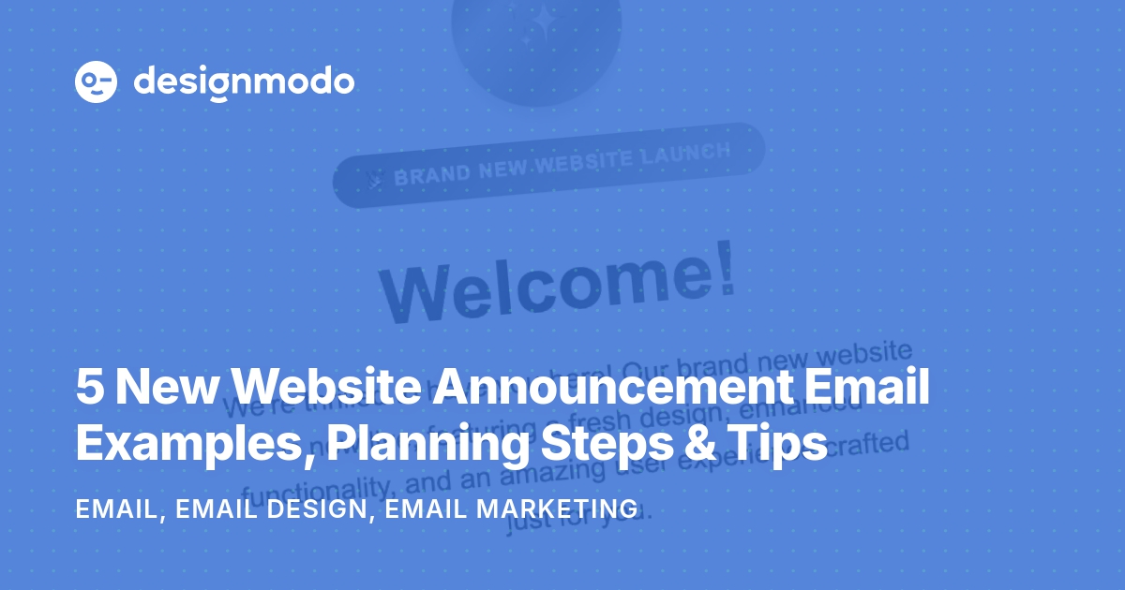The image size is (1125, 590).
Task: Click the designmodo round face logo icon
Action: pyautogui.click(x=96, y=82)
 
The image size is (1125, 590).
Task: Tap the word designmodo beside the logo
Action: pyautogui.click(x=244, y=82)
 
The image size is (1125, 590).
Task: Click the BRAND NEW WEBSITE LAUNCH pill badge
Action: pyautogui.click(x=549, y=165)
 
